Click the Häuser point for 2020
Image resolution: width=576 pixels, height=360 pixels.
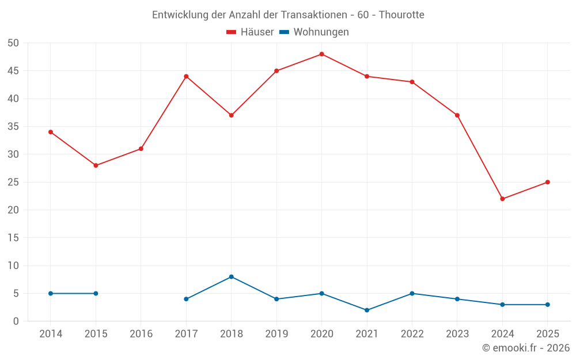click(x=321, y=54)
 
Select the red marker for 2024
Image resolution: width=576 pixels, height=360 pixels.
click(x=502, y=199)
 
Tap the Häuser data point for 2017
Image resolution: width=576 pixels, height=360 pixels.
click(x=186, y=76)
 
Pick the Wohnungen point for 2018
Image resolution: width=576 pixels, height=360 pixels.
click(x=231, y=276)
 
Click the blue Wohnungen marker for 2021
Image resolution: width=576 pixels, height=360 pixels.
click(x=367, y=310)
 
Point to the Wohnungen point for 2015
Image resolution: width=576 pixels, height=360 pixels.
click(x=96, y=293)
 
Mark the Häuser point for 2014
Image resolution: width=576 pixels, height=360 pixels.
click(x=51, y=132)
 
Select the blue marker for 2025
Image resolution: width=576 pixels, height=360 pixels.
click(x=547, y=304)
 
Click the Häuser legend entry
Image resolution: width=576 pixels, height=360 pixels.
click(x=250, y=32)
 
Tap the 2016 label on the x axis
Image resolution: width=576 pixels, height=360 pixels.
click(x=141, y=334)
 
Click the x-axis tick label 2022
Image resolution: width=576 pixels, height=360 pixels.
click(x=412, y=334)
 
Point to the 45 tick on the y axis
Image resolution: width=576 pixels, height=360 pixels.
click(x=13, y=71)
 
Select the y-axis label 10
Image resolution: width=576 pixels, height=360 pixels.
click(x=13, y=266)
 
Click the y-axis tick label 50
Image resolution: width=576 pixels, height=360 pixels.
click(x=13, y=43)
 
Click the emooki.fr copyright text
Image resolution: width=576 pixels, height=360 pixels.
click(x=526, y=348)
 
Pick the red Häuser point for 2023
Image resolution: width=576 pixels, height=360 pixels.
click(x=457, y=115)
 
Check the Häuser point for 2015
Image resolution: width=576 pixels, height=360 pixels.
click(x=96, y=165)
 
